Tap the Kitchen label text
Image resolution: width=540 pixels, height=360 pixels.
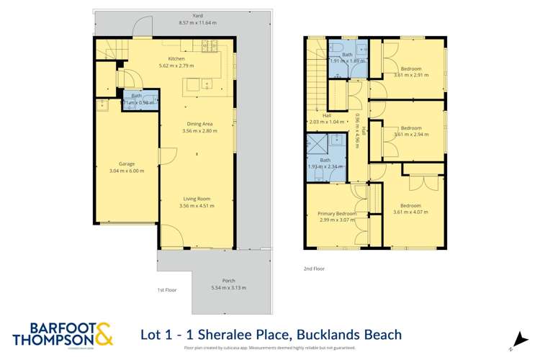[x=176, y=58]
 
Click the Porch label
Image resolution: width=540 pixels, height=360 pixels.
[x=228, y=281]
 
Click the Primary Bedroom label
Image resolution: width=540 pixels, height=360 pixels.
[x=337, y=213]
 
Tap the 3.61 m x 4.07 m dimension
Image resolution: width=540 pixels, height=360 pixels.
[x=410, y=212]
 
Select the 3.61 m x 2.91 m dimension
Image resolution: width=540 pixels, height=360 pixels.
[x=411, y=75]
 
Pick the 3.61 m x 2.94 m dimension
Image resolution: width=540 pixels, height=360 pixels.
[x=411, y=135]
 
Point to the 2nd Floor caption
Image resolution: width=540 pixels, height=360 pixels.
[x=314, y=269]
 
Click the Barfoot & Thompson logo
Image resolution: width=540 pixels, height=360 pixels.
[x=63, y=336]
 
